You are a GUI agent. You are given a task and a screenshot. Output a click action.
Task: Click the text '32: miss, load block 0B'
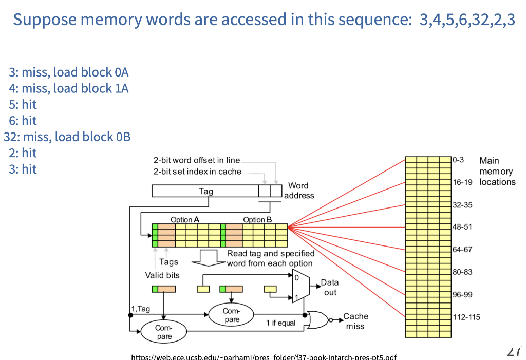(x=67, y=137)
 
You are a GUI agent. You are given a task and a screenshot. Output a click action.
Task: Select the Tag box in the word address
(x=205, y=191)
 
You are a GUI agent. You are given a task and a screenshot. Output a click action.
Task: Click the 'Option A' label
(x=185, y=219)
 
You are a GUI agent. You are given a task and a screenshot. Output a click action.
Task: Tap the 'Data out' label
(x=330, y=287)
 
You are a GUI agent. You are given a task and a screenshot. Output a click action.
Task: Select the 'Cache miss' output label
(x=355, y=321)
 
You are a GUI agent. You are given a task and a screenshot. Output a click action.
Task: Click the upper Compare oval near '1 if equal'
(x=232, y=314)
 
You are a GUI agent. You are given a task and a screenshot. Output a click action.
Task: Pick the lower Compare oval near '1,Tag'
(x=164, y=331)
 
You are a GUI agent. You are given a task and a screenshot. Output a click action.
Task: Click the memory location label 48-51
(x=462, y=226)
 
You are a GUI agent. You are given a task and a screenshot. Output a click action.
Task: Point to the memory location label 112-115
(x=466, y=317)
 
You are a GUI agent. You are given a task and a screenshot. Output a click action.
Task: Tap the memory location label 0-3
(x=458, y=160)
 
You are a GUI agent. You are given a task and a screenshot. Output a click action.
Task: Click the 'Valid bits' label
(x=162, y=275)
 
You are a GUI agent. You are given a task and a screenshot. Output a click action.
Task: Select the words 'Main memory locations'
(x=497, y=171)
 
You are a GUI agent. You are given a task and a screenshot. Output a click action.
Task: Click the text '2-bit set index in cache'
(x=197, y=172)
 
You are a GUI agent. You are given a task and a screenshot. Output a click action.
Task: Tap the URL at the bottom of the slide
(x=264, y=357)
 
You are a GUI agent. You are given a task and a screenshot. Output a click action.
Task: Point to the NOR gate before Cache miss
(x=318, y=319)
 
